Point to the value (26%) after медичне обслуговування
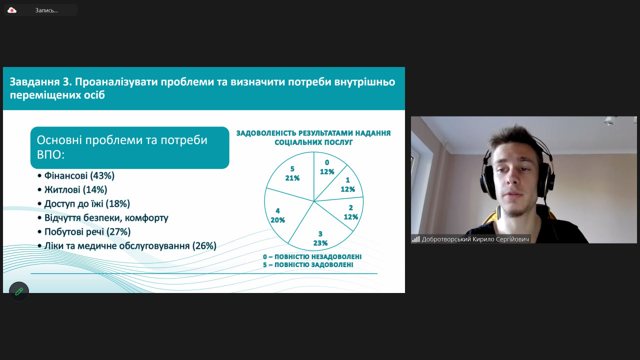pyautogui.click(x=204, y=245)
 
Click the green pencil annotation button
pyautogui.click(x=19, y=291)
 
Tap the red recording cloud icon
pyautogui.click(x=11, y=10)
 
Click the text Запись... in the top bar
pyautogui.click(x=46, y=10)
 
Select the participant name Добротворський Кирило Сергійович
pyautogui.click(x=475, y=239)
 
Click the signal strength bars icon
pyautogui.click(x=415, y=239)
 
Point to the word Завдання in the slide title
pyautogui.click(x=34, y=82)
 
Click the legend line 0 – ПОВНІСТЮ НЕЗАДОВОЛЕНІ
pyautogui.click(x=312, y=256)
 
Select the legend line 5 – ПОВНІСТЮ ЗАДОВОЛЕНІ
pyautogui.click(x=308, y=265)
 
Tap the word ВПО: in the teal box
pyautogui.click(x=50, y=155)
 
